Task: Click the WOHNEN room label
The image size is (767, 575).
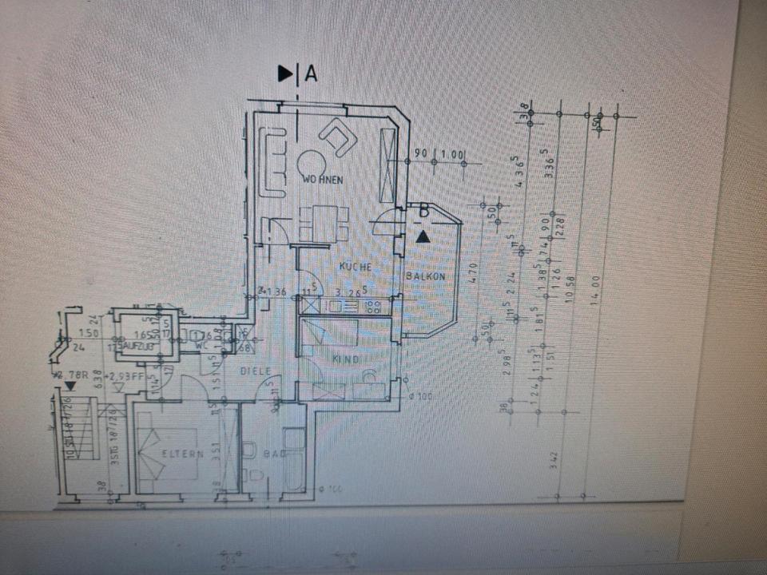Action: [323, 180]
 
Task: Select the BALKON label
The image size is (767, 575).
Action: [424, 276]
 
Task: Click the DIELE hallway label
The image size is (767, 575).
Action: [256, 371]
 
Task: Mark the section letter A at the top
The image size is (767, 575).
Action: [311, 74]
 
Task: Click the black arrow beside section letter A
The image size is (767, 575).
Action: [285, 74]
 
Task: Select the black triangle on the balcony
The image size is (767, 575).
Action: [423, 236]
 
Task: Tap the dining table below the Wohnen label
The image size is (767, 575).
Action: [324, 222]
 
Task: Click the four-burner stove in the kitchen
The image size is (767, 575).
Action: [372, 305]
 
